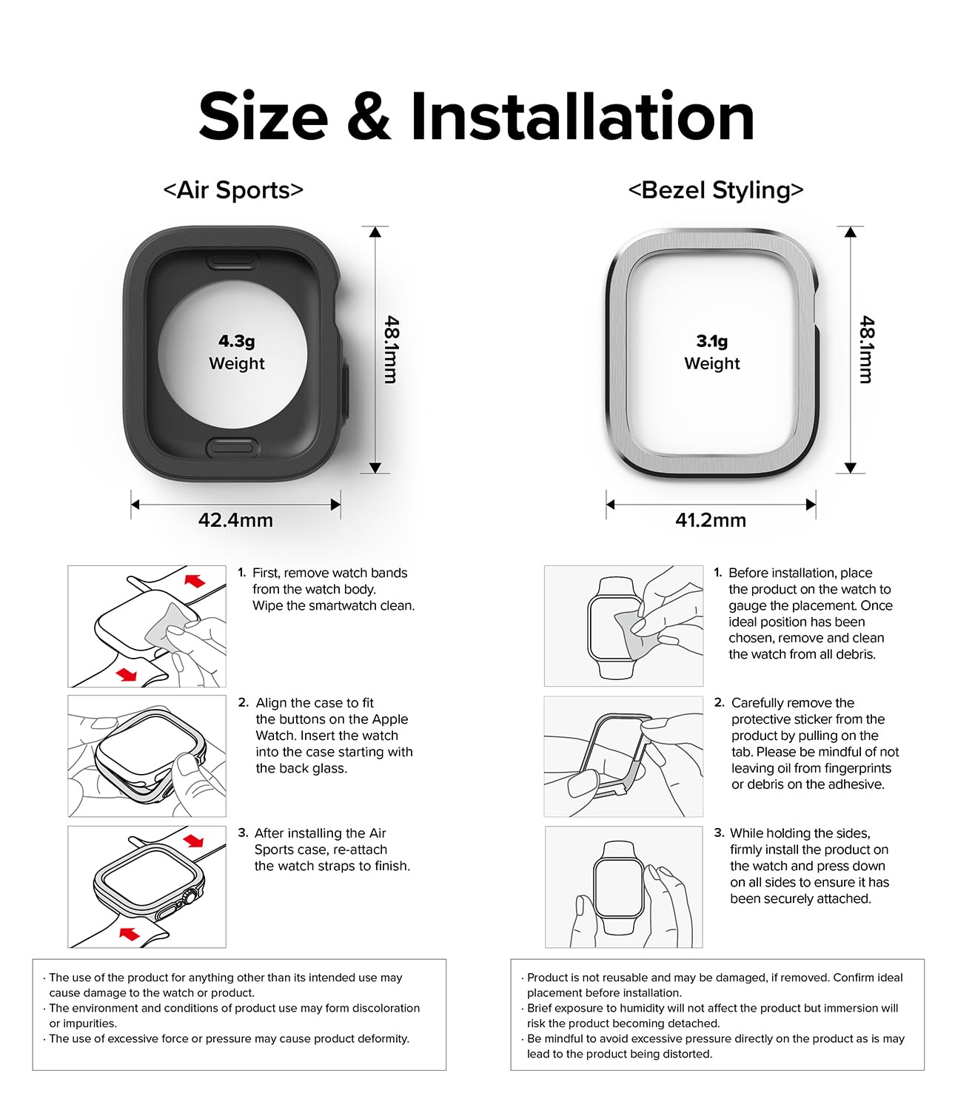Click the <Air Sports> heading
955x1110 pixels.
233,190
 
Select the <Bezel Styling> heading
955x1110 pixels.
715,190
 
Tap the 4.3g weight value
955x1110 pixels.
236,341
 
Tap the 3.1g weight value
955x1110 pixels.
711,341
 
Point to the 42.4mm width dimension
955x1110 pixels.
235,520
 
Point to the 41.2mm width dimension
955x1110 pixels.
710,520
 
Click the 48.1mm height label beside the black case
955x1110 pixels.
391,349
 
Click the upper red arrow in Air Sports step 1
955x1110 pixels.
195,579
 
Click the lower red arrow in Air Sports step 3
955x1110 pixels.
130,934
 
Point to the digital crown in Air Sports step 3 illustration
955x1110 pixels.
192,896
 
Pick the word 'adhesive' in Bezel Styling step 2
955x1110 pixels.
858,784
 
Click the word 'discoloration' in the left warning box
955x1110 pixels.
383,1008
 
